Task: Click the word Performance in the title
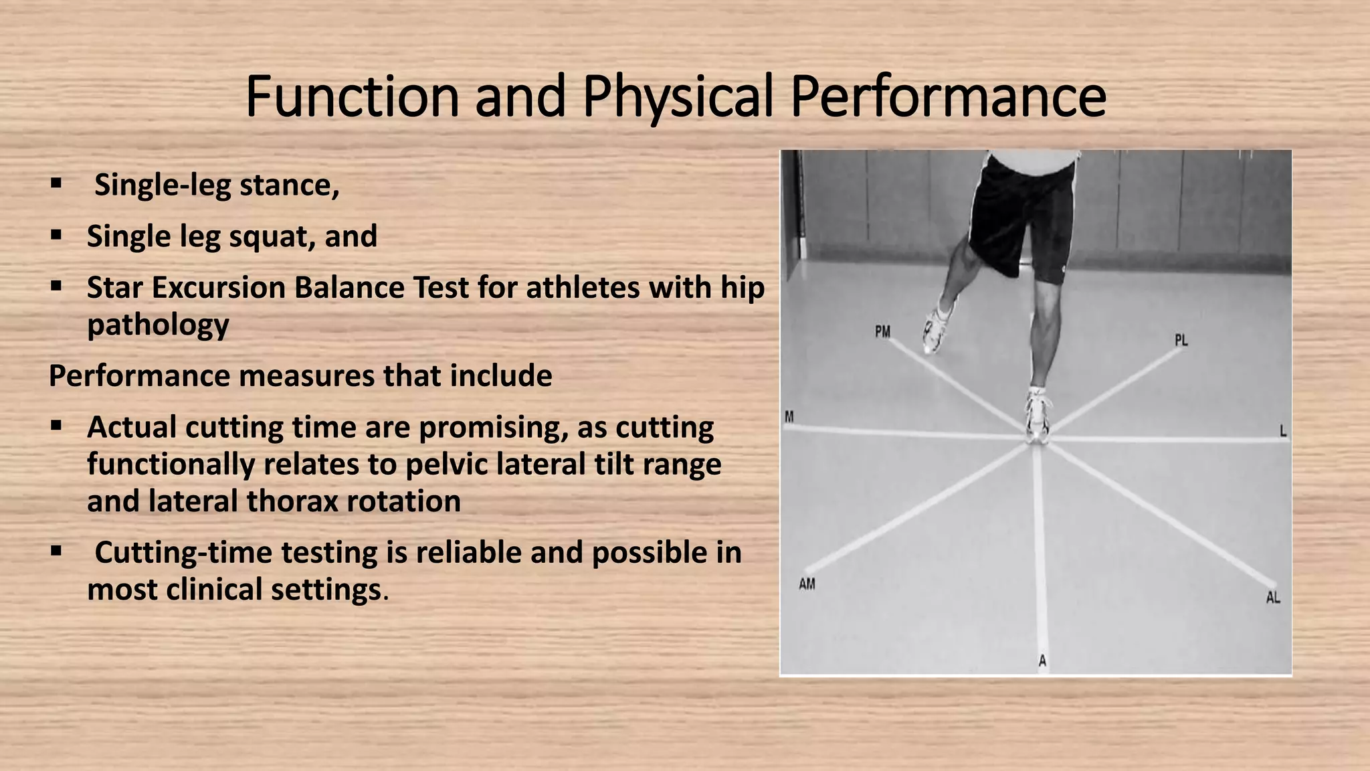click(948, 97)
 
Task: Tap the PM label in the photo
click(882, 331)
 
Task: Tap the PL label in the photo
click(1181, 340)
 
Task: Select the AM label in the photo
click(807, 584)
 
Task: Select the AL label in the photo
click(1272, 597)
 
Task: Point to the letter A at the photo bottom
click(1042, 661)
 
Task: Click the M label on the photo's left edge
click(789, 417)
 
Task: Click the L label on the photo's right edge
click(1283, 431)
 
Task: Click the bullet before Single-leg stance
click(56, 183)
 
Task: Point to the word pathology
click(158, 325)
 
